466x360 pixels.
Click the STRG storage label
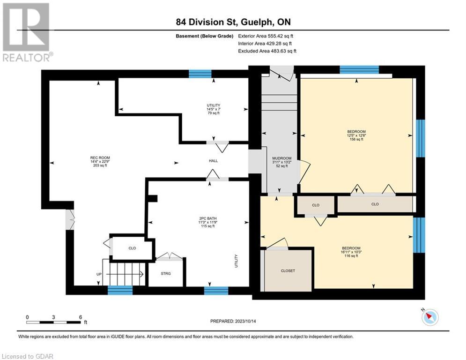pos(166,273)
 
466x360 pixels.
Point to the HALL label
pos(214,161)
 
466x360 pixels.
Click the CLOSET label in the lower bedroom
pos(288,271)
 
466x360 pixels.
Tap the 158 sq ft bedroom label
pos(356,135)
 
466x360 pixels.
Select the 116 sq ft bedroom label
pos(351,252)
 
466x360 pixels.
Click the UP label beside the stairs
pos(99,274)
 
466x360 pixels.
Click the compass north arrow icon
pos(430,317)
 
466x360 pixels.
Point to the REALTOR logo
pos(27,32)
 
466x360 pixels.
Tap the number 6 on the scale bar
pos(81,317)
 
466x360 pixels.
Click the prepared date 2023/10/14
pos(245,321)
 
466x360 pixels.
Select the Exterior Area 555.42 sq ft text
pos(266,36)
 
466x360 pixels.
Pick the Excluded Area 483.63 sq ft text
pos(267,51)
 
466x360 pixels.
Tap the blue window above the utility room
pos(200,74)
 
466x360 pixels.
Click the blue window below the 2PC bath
pos(216,291)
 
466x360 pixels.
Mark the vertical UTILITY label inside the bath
pos(236,261)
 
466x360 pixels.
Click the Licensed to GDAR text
pos(27,356)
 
